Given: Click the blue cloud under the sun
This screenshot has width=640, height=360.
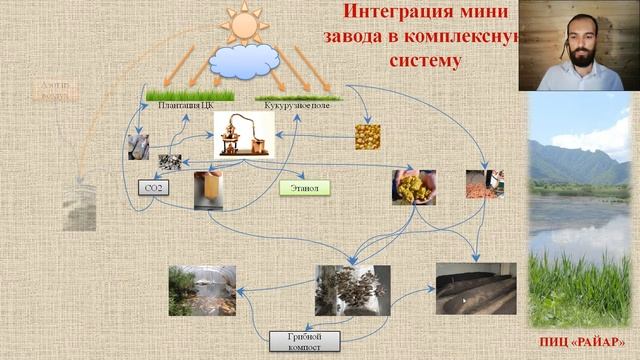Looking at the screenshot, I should click(x=245, y=63).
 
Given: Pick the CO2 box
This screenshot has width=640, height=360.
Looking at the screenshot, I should click(x=154, y=187).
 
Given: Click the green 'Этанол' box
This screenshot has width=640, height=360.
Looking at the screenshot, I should click(x=304, y=187).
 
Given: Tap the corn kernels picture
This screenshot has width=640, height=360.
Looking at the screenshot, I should click(x=367, y=136).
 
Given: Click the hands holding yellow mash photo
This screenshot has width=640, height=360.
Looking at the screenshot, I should click(x=412, y=187).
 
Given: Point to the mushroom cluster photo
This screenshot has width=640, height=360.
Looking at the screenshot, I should click(x=352, y=289).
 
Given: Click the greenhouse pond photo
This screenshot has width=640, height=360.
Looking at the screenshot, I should click(x=202, y=290).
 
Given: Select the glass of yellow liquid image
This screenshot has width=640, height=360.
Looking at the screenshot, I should click(x=207, y=189).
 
